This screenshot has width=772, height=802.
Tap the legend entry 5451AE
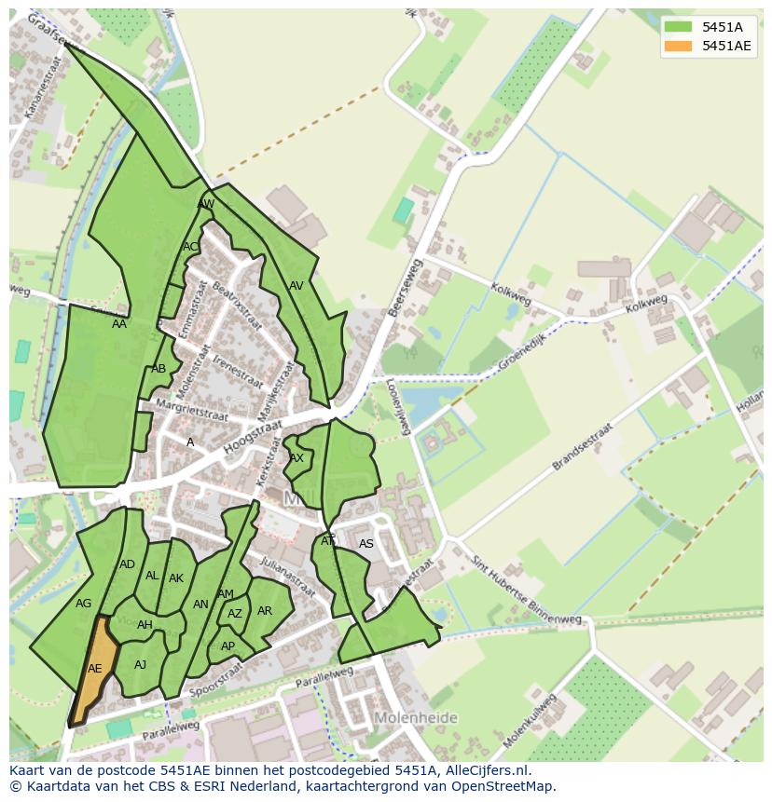click(x=726, y=46)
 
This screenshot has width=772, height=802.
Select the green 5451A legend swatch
click(x=678, y=27)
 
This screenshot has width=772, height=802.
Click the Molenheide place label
click(x=416, y=718)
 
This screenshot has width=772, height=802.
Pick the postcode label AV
click(x=296, y=286)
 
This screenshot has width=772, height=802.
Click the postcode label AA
click(x=119, y=324)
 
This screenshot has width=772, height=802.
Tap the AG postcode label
click(x=84, y=604)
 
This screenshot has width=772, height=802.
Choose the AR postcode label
click(x=265, y=611)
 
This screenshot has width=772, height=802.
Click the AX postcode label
click(x=296, y=458)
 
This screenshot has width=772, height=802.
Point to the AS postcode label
click(x=366, y=544)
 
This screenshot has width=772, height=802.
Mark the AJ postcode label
click(x=141, y=665)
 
